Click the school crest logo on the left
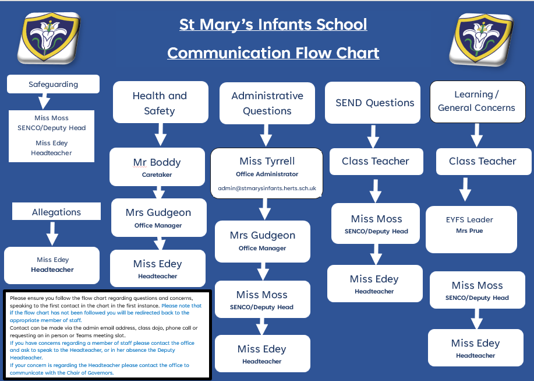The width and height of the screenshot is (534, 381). [48, 38]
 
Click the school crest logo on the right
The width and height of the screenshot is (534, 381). [480, 39]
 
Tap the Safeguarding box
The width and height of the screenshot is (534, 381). [53, 84]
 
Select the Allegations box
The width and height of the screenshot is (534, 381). [56, 211]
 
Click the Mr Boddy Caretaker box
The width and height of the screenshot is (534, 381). [157, 166]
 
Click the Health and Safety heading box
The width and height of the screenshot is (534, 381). [160, 103]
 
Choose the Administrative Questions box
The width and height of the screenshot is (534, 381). [267, 103]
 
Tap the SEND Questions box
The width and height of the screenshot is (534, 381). [374, 103]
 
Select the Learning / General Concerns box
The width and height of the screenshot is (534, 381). [476, 102]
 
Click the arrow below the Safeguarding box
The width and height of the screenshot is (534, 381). [43, 102]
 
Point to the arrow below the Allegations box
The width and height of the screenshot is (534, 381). [52, 233]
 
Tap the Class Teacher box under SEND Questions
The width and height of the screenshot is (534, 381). [375, 161]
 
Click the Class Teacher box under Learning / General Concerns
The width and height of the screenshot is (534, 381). [482, 161]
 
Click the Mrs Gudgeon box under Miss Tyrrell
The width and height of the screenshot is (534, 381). [262, 240]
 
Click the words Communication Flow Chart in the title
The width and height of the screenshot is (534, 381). [273, 53]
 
